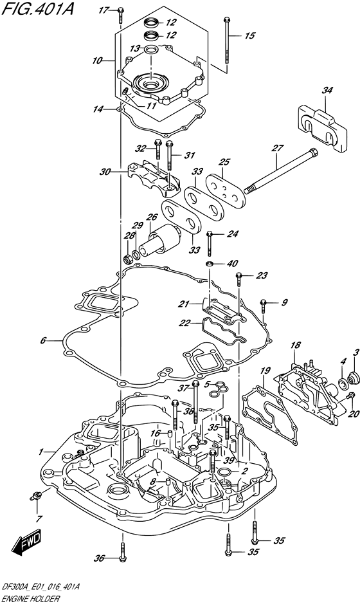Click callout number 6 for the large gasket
[x=42, y=340]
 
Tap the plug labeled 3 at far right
[x=352, y=377]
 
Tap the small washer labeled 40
[x=210, y=264]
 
